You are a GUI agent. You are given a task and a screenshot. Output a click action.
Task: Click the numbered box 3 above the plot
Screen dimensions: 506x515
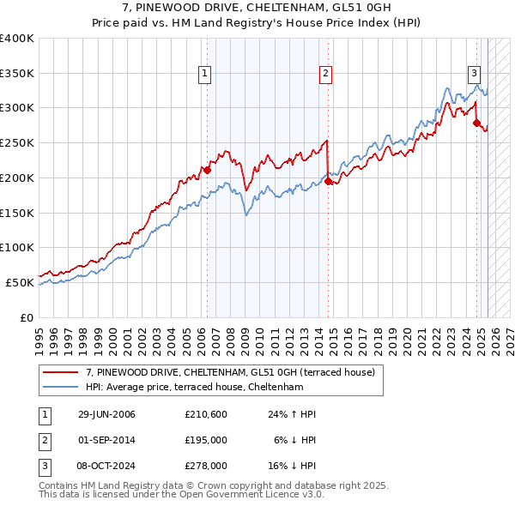click(474, 74)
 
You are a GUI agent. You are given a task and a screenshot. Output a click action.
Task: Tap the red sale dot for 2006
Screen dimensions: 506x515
click(207, 170)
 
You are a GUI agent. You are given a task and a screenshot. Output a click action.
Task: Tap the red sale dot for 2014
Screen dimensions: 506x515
click(329, 181)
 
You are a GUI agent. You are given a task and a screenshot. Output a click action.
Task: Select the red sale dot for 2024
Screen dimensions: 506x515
click(476, 123)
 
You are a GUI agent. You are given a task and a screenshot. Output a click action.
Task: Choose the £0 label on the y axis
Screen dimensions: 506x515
click(26, 317)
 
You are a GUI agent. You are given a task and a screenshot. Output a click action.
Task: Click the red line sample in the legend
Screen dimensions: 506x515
click(62, 373)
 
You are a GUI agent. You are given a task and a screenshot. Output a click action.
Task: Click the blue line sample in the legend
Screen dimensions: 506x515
click(62, 387)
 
